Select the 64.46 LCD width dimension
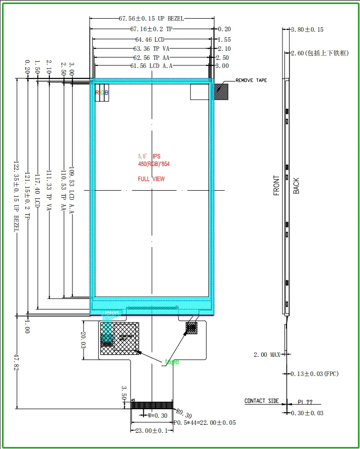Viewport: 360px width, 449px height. (x=150, y=39)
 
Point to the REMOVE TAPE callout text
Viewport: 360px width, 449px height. (x=251, y=81)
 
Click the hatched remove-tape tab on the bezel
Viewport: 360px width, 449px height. (x=221, y=92)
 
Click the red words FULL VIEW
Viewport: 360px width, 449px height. (x=151, y=179)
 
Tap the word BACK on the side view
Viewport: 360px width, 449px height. (x=296, y=186)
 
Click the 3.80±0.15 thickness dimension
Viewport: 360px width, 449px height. (x=307, y=30)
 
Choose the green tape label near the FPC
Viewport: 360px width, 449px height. (x=172, y=361)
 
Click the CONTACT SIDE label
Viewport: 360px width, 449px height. (x=261, y=401)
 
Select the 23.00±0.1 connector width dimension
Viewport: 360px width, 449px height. (x=151, y=431)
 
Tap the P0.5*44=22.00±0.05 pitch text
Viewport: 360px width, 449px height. (x=205, y=423)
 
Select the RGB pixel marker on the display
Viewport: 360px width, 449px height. (x=102, y=93)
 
